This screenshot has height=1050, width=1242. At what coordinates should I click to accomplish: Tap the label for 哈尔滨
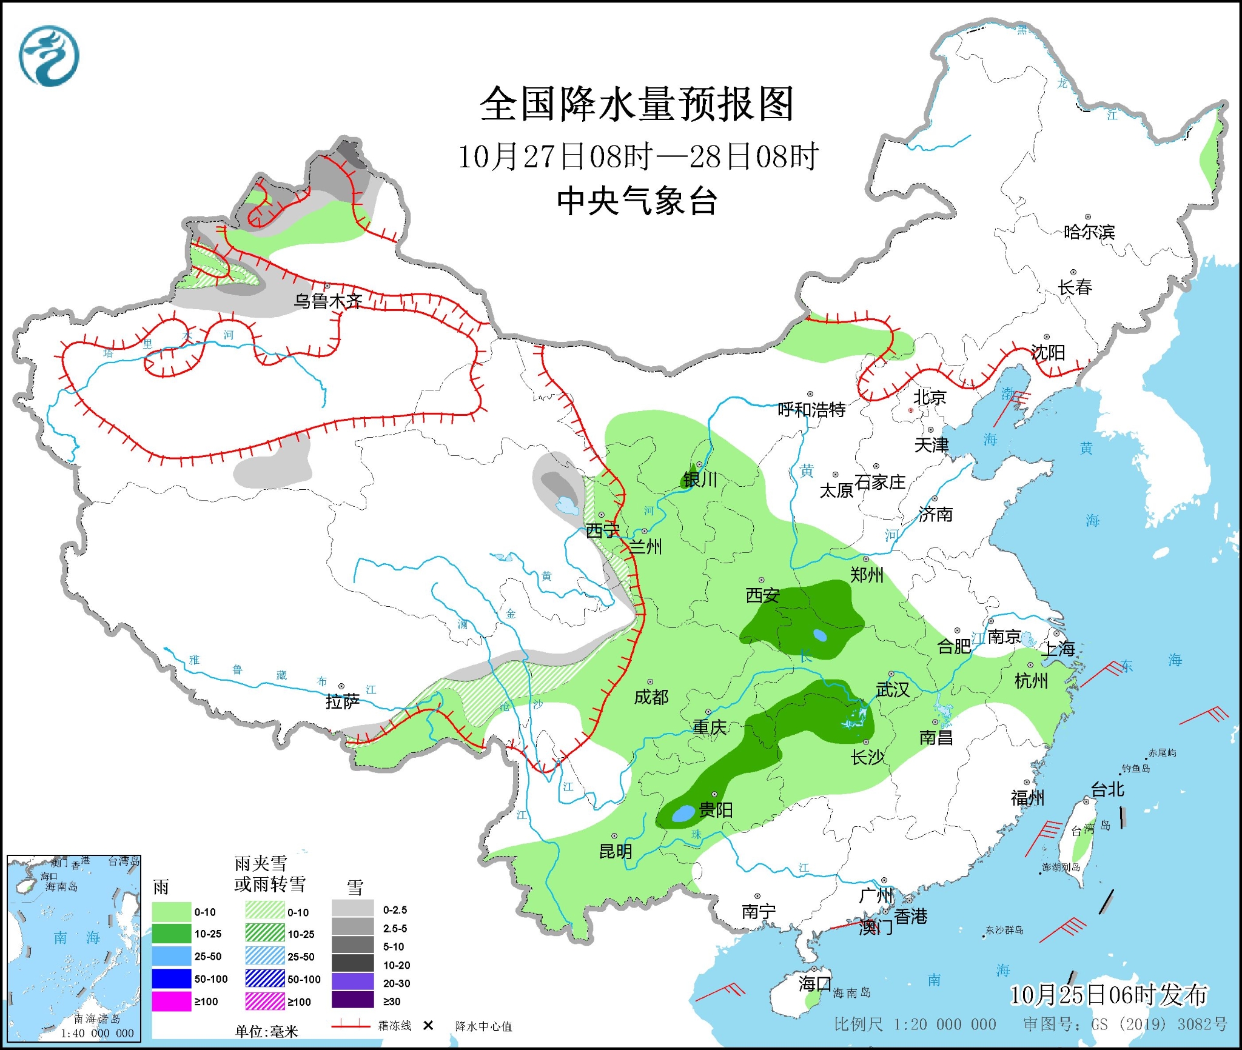pyautogui.click(x=1089, y=232)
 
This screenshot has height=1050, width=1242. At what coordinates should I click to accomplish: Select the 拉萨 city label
pyautogui.click(x=343, y=701)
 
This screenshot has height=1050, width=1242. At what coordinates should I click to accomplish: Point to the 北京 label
pyautogui.click(x=930, y=398)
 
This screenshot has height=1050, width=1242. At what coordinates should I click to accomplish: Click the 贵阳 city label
pyautogui.click(x=716, y=809)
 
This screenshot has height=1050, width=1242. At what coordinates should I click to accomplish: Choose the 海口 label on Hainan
pyautogui.click(x=814, y=983)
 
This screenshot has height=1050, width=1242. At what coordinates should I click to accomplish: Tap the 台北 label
pyautogui.click(x=1107, y=789)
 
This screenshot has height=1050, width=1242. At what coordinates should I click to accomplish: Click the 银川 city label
pyautogui.click(x=700, y=480)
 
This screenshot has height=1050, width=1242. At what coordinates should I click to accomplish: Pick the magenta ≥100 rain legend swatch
pyautogui.click(x=171, y=1002)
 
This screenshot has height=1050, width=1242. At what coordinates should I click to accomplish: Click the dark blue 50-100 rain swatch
pyautogui.click(x=171, y=979)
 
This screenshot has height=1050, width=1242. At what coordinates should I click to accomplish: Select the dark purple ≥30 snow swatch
pyautogui.click(x=352, y=1001)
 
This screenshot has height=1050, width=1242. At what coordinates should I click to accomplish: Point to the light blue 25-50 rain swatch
pyautogui.click(x=171, y=957)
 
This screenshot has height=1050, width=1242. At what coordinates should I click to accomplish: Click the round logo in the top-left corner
pyautogui.click(x=49, y=56)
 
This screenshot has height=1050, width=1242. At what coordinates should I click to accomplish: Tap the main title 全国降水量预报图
pyautogui.click(x=637, y=104)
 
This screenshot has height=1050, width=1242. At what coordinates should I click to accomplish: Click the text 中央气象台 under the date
pyautogui.click(x=637, y=201)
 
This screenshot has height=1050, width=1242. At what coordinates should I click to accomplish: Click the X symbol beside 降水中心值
pyautogui.click(x=428, y=1025)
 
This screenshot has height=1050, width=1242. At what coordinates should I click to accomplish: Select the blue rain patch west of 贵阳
pyautogui.click(x=684, y=813)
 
